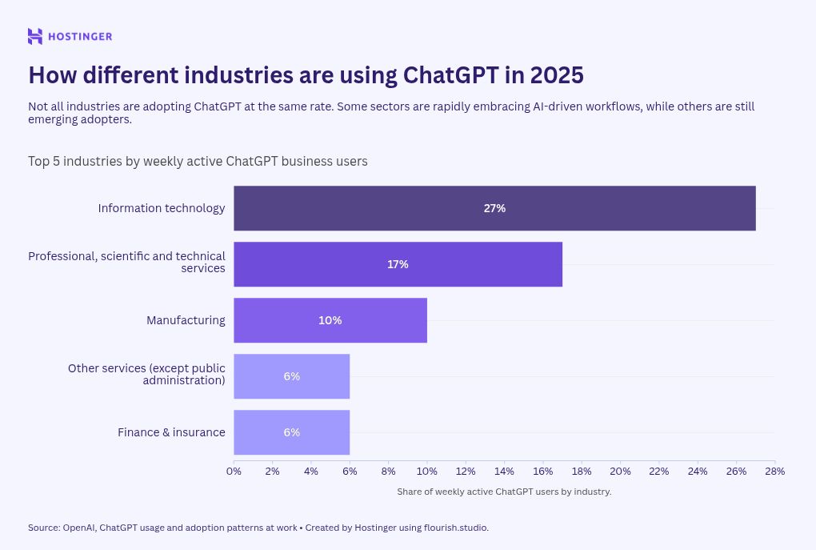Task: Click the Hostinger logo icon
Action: (35, 36)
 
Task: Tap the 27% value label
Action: (494, 208)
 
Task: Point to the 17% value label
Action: (398, 264)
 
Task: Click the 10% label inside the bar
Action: (330, 320)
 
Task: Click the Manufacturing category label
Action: (186, 320)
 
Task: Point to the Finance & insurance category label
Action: (171, 432)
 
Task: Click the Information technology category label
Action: (162, 208)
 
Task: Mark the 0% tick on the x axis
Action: (234, 472)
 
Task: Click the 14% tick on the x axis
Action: (504, 472)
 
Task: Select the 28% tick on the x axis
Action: (774, 472)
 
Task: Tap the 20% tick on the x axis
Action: (620, 472)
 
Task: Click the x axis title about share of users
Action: (504, 492)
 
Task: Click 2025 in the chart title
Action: (555, 75)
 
